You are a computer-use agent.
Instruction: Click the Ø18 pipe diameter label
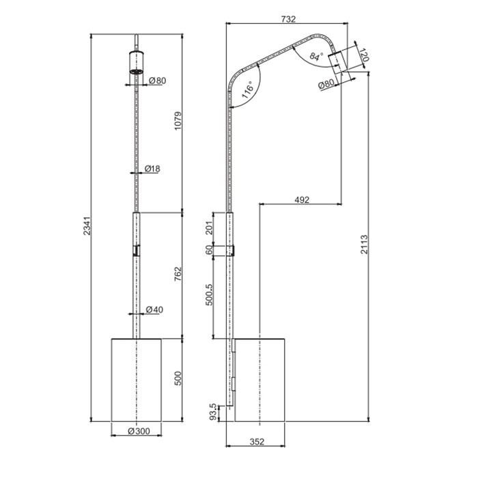click(x=152, y=169)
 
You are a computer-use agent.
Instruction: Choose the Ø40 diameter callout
click(x=154, y=310)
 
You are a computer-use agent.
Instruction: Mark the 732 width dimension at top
click(x=286, y=18)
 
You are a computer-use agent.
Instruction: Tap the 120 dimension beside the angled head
click(x=364, y=56)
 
